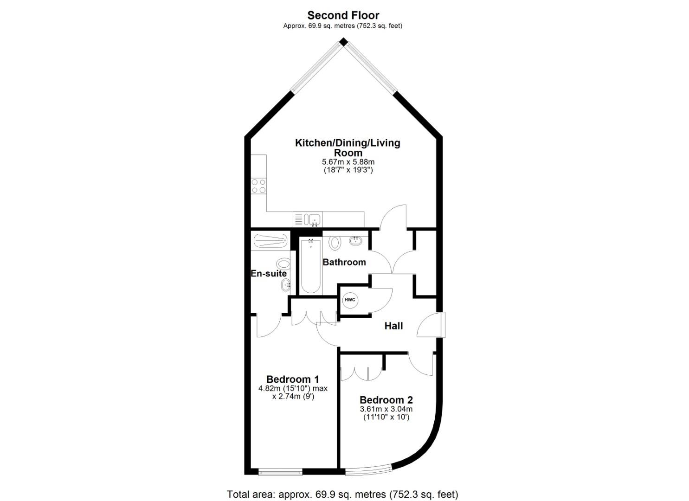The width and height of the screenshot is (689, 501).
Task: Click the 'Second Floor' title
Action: coord(343,15)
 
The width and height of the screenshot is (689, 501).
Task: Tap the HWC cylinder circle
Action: coord(349,300)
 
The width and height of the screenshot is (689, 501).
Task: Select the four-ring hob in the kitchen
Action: coord(258,186)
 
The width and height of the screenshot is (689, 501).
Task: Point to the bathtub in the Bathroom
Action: coord(310,266)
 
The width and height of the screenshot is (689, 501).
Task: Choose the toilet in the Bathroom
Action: coord(335,242)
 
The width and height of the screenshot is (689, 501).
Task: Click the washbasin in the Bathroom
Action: coord(356,241)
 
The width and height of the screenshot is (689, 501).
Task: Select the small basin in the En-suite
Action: coord(286,286)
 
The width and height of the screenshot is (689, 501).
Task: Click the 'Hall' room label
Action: coord(393,326)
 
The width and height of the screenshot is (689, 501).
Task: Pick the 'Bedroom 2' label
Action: coord(386,400)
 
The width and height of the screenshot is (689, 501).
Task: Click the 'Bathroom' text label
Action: coord(344,262)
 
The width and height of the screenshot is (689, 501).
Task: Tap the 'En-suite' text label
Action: coord(269,274)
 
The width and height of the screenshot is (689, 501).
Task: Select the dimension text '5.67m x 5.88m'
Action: coord(348,162)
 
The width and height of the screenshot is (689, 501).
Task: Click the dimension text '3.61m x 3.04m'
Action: coord(386,409)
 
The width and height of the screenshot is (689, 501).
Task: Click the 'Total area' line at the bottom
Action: coord(342,494)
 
